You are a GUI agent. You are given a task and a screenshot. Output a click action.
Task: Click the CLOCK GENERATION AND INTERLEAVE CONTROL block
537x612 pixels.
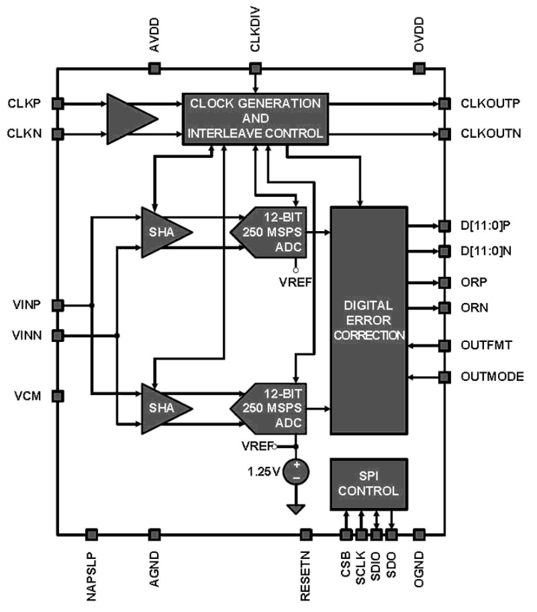click(255, 119)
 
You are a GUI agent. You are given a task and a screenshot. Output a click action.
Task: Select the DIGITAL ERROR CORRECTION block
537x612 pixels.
click(369, 320)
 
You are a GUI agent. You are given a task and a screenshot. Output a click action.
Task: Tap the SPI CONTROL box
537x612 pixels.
click(369, 484)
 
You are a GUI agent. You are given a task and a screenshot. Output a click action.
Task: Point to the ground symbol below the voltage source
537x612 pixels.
click(296, 509)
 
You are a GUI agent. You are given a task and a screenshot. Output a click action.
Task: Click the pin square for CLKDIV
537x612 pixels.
click(255, 68)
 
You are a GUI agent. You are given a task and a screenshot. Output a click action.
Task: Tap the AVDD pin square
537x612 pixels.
click(154, 68)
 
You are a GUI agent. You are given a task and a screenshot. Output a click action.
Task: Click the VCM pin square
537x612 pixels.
click(58, 396)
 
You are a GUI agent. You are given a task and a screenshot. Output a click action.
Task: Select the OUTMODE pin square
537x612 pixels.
click(445, 377)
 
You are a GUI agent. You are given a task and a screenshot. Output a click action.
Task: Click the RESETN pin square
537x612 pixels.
click(305, 535)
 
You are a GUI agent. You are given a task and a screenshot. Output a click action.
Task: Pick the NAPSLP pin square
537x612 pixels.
click(91, 535)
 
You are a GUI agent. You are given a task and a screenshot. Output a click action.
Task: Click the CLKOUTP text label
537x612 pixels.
click(490, 104)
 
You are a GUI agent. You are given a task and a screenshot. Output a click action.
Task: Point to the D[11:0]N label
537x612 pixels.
click(486, 251)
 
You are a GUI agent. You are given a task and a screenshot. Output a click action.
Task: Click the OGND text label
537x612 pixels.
click(419, 569)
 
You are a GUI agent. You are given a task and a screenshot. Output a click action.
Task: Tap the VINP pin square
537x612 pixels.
click(58, 305)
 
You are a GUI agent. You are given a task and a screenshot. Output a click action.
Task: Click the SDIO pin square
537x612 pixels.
click(376, 535)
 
